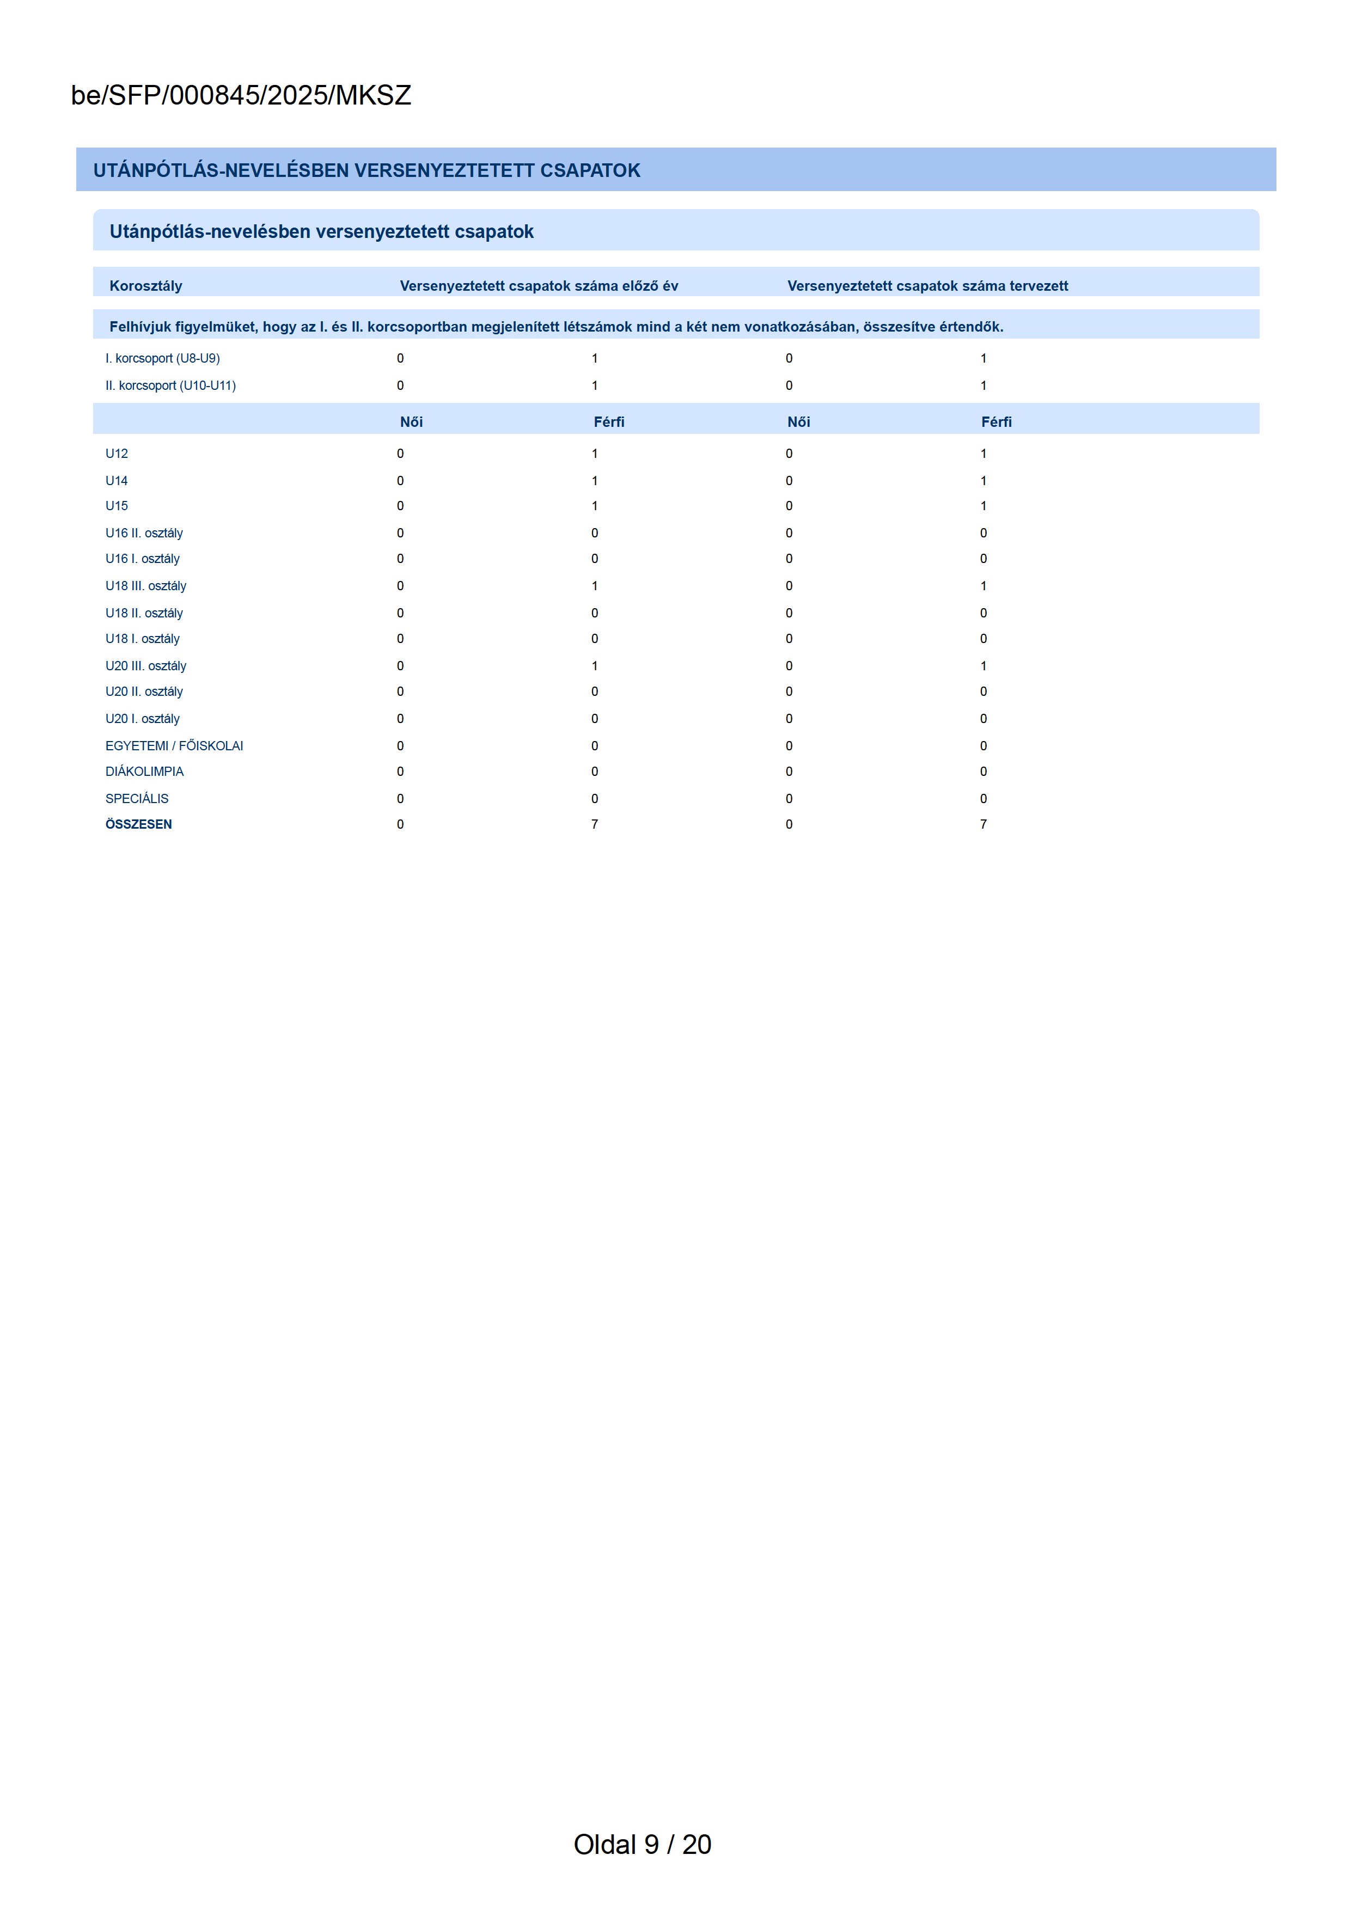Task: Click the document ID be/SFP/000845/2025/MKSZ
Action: (x=241, y=96)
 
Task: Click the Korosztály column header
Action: (x=145, y=286)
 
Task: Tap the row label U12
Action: (x=117, y=454)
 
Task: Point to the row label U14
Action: (x=117, y=481)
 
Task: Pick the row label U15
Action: (x=117, y=506)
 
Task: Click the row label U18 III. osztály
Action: (x=145, y=586)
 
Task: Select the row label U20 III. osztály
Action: (x=145, y=666)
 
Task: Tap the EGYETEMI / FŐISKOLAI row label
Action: (x=174, y=746)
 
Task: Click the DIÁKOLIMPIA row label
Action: (x=144, y=772)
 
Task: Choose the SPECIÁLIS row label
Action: (x=136, y=799)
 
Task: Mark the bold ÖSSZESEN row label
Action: (x=138, y=824)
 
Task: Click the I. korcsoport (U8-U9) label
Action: (x=162, y=359)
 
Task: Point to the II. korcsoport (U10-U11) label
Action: (x=170, y=386)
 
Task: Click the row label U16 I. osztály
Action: (x=142, y=559)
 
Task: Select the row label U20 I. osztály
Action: (x=142, y=719)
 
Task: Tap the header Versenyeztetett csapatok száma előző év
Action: (x=539, y=286)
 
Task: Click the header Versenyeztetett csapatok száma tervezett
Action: (x=927, y=286)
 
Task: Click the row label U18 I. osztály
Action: (x=142, y=639)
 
